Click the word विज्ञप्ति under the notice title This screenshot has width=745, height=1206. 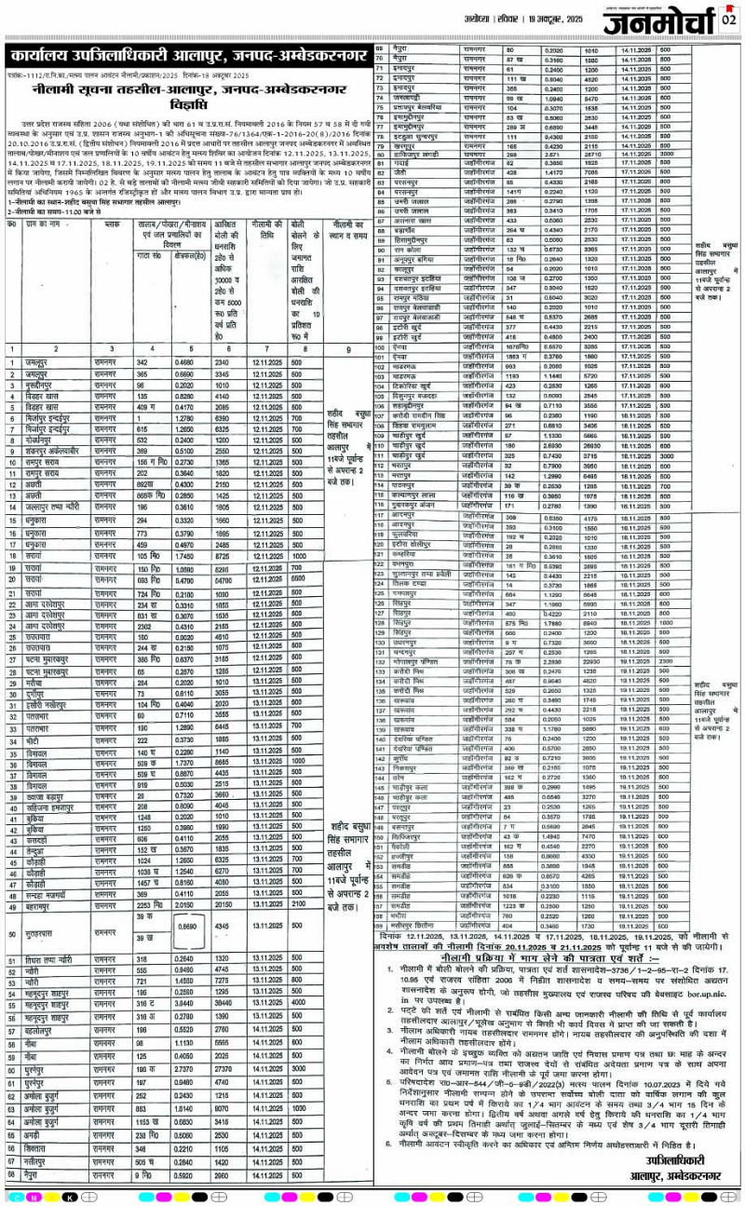tap(185, 104)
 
